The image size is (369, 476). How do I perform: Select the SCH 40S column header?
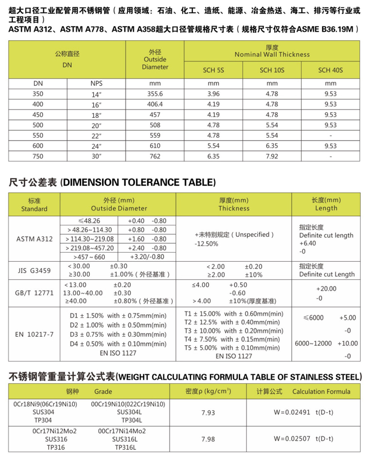click(330, 70)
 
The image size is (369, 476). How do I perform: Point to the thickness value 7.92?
click(272, 157)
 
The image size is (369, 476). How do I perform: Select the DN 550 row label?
click(38, 135)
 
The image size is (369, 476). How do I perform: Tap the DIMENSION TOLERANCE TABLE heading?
click(112, 183)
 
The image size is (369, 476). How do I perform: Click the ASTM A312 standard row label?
click(35, 239)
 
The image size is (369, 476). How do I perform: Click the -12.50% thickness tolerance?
click(206, 244)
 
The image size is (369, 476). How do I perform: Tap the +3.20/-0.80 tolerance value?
click(147, 257)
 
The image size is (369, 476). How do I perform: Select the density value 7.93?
click(208, 413)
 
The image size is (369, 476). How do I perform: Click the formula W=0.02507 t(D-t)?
click(303, 439)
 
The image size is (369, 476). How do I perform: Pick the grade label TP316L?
click(125, 447)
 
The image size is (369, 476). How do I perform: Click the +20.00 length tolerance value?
click(326, 288)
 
